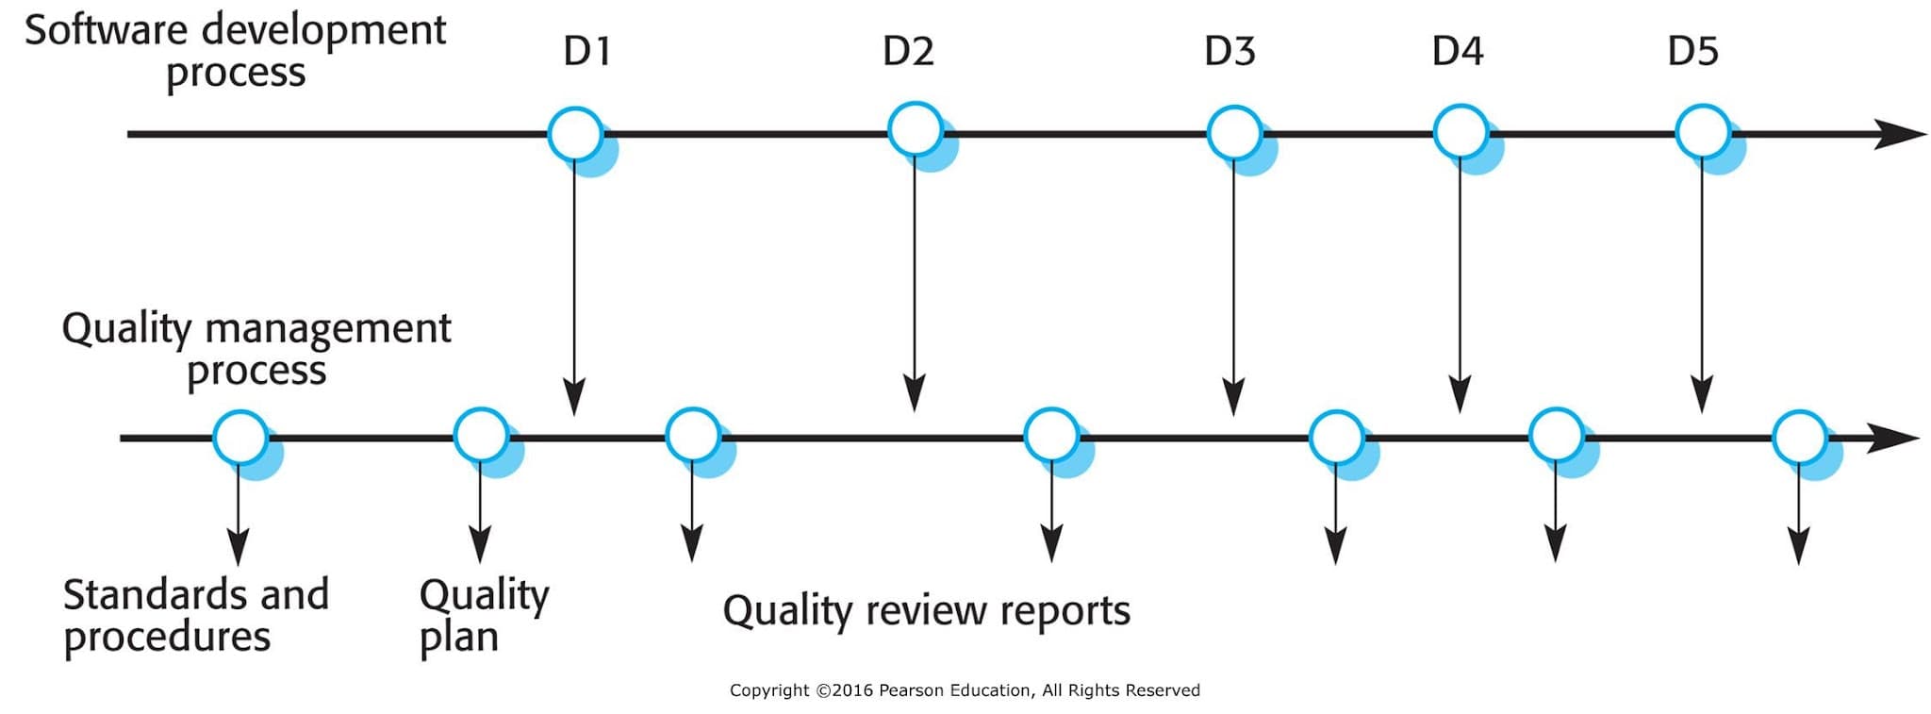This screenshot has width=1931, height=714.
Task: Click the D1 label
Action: click(x=586, y=51)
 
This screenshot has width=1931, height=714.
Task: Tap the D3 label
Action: click(x=1230, y=51)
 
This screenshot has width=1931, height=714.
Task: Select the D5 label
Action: click(x=1692, y=51)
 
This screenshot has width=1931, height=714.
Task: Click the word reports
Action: click(x=1065, y=611)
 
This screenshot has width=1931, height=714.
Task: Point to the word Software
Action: click(x=107, y=30)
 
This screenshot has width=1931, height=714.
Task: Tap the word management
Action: click(x=328, y=330)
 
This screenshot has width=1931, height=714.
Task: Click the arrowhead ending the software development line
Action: click(x=1899, y=134)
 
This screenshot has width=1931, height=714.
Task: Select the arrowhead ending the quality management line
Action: click(x=1892, y=438)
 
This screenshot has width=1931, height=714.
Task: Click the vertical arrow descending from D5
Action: click(x=1702, y=283)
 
